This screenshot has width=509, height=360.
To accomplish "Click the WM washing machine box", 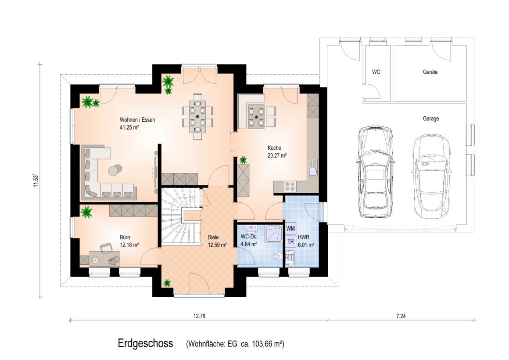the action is coord(291,229).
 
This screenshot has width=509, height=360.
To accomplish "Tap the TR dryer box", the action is coord(291,241).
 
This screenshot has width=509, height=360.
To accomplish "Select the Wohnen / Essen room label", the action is coord(137,119).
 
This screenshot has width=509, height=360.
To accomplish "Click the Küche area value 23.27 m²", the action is coord(277,155).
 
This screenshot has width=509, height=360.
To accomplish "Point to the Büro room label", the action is coord(125,238).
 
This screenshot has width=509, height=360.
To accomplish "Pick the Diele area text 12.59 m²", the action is coord(217,245).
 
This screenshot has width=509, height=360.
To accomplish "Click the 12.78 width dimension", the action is coord(199,316).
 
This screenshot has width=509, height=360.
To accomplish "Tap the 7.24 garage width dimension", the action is coord(401,316).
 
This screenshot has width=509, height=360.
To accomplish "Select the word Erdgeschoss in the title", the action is coord(145,343).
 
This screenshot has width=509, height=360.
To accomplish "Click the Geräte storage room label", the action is coord(430,72).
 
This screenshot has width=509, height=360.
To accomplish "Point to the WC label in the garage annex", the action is coord(376,72).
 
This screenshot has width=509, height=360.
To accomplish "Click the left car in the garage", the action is coord(376,172).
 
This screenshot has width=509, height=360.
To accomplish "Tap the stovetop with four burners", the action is coord(290,187).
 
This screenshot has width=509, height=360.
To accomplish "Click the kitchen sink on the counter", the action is coord(312,167).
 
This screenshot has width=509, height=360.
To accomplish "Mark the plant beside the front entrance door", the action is coord(167,283).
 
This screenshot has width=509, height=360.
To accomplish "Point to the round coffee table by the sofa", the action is coord(115,169).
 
